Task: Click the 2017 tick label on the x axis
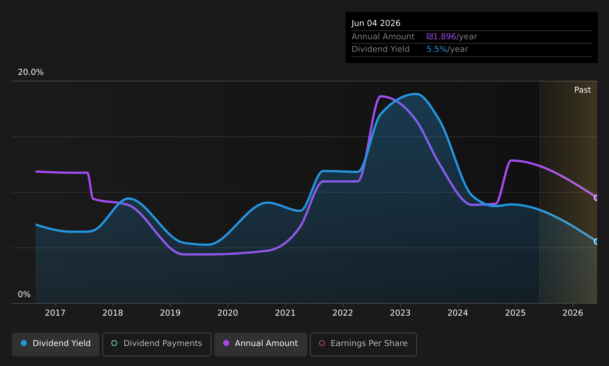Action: click(x=55, y=313)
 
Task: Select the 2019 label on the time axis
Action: click(x=170, y=313)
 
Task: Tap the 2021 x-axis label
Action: click(x=285, y=313)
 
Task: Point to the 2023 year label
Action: click(x=400, y=313)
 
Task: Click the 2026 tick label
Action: click(x=573, y=313)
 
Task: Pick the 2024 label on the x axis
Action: click(x=458, y=313)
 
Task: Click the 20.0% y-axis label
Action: click(x=31, y=72)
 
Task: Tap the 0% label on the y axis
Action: click(x=24, y=295)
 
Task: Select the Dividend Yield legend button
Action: click(x=56, y=344)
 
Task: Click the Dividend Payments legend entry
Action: click(x=157, y=344)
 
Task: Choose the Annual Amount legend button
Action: click(x=261, y=344)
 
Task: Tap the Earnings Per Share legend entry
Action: click(x=363, y=344)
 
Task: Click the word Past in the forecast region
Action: click(x=582, y=90)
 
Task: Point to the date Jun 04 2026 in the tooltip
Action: click(x=376, y=23)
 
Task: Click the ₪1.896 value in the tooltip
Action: click(x=441, y=37)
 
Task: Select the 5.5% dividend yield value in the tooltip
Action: click(x=437, y=49)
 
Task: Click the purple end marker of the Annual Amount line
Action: click(x=596, y=198)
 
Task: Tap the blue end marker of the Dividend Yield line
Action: click(x=596, y=242)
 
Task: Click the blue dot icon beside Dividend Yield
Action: click(x=24, y=343)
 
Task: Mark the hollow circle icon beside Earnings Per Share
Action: click(x=322, y=343)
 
